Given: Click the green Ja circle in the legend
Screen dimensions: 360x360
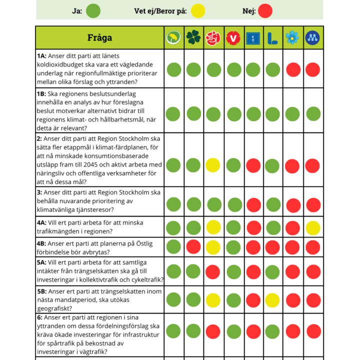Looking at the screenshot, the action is point(93,11).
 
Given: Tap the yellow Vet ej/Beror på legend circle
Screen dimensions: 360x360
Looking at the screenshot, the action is point(198,11).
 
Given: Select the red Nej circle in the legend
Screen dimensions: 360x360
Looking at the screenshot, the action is point(265,11).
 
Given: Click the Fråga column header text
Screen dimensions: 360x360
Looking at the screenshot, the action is point(99,37).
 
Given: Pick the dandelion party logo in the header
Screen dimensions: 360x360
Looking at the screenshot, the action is point(173,37).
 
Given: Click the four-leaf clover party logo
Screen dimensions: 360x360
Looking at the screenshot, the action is point(193,37).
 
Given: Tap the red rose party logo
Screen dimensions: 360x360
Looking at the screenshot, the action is point(213,38).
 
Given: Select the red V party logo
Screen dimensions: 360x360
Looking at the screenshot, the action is point(233,38).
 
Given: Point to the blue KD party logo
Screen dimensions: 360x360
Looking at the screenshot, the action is point(253,38).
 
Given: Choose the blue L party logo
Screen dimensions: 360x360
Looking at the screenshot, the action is point(272,38).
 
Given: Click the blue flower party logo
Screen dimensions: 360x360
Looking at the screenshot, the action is point(292,37).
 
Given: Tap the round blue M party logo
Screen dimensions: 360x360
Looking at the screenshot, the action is point(312,37).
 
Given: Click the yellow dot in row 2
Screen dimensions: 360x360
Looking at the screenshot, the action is point(213,165).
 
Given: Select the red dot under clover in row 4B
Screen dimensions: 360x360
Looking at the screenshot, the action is point(193,247).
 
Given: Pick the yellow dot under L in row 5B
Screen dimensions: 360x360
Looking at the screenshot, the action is point(272,300).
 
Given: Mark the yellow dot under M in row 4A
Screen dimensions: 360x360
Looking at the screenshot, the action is point(313,228).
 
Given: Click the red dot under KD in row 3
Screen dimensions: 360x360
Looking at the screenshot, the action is point(253,205).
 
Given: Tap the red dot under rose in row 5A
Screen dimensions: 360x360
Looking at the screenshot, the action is point(213,272).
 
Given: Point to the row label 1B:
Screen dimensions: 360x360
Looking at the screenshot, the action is point(41,94).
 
